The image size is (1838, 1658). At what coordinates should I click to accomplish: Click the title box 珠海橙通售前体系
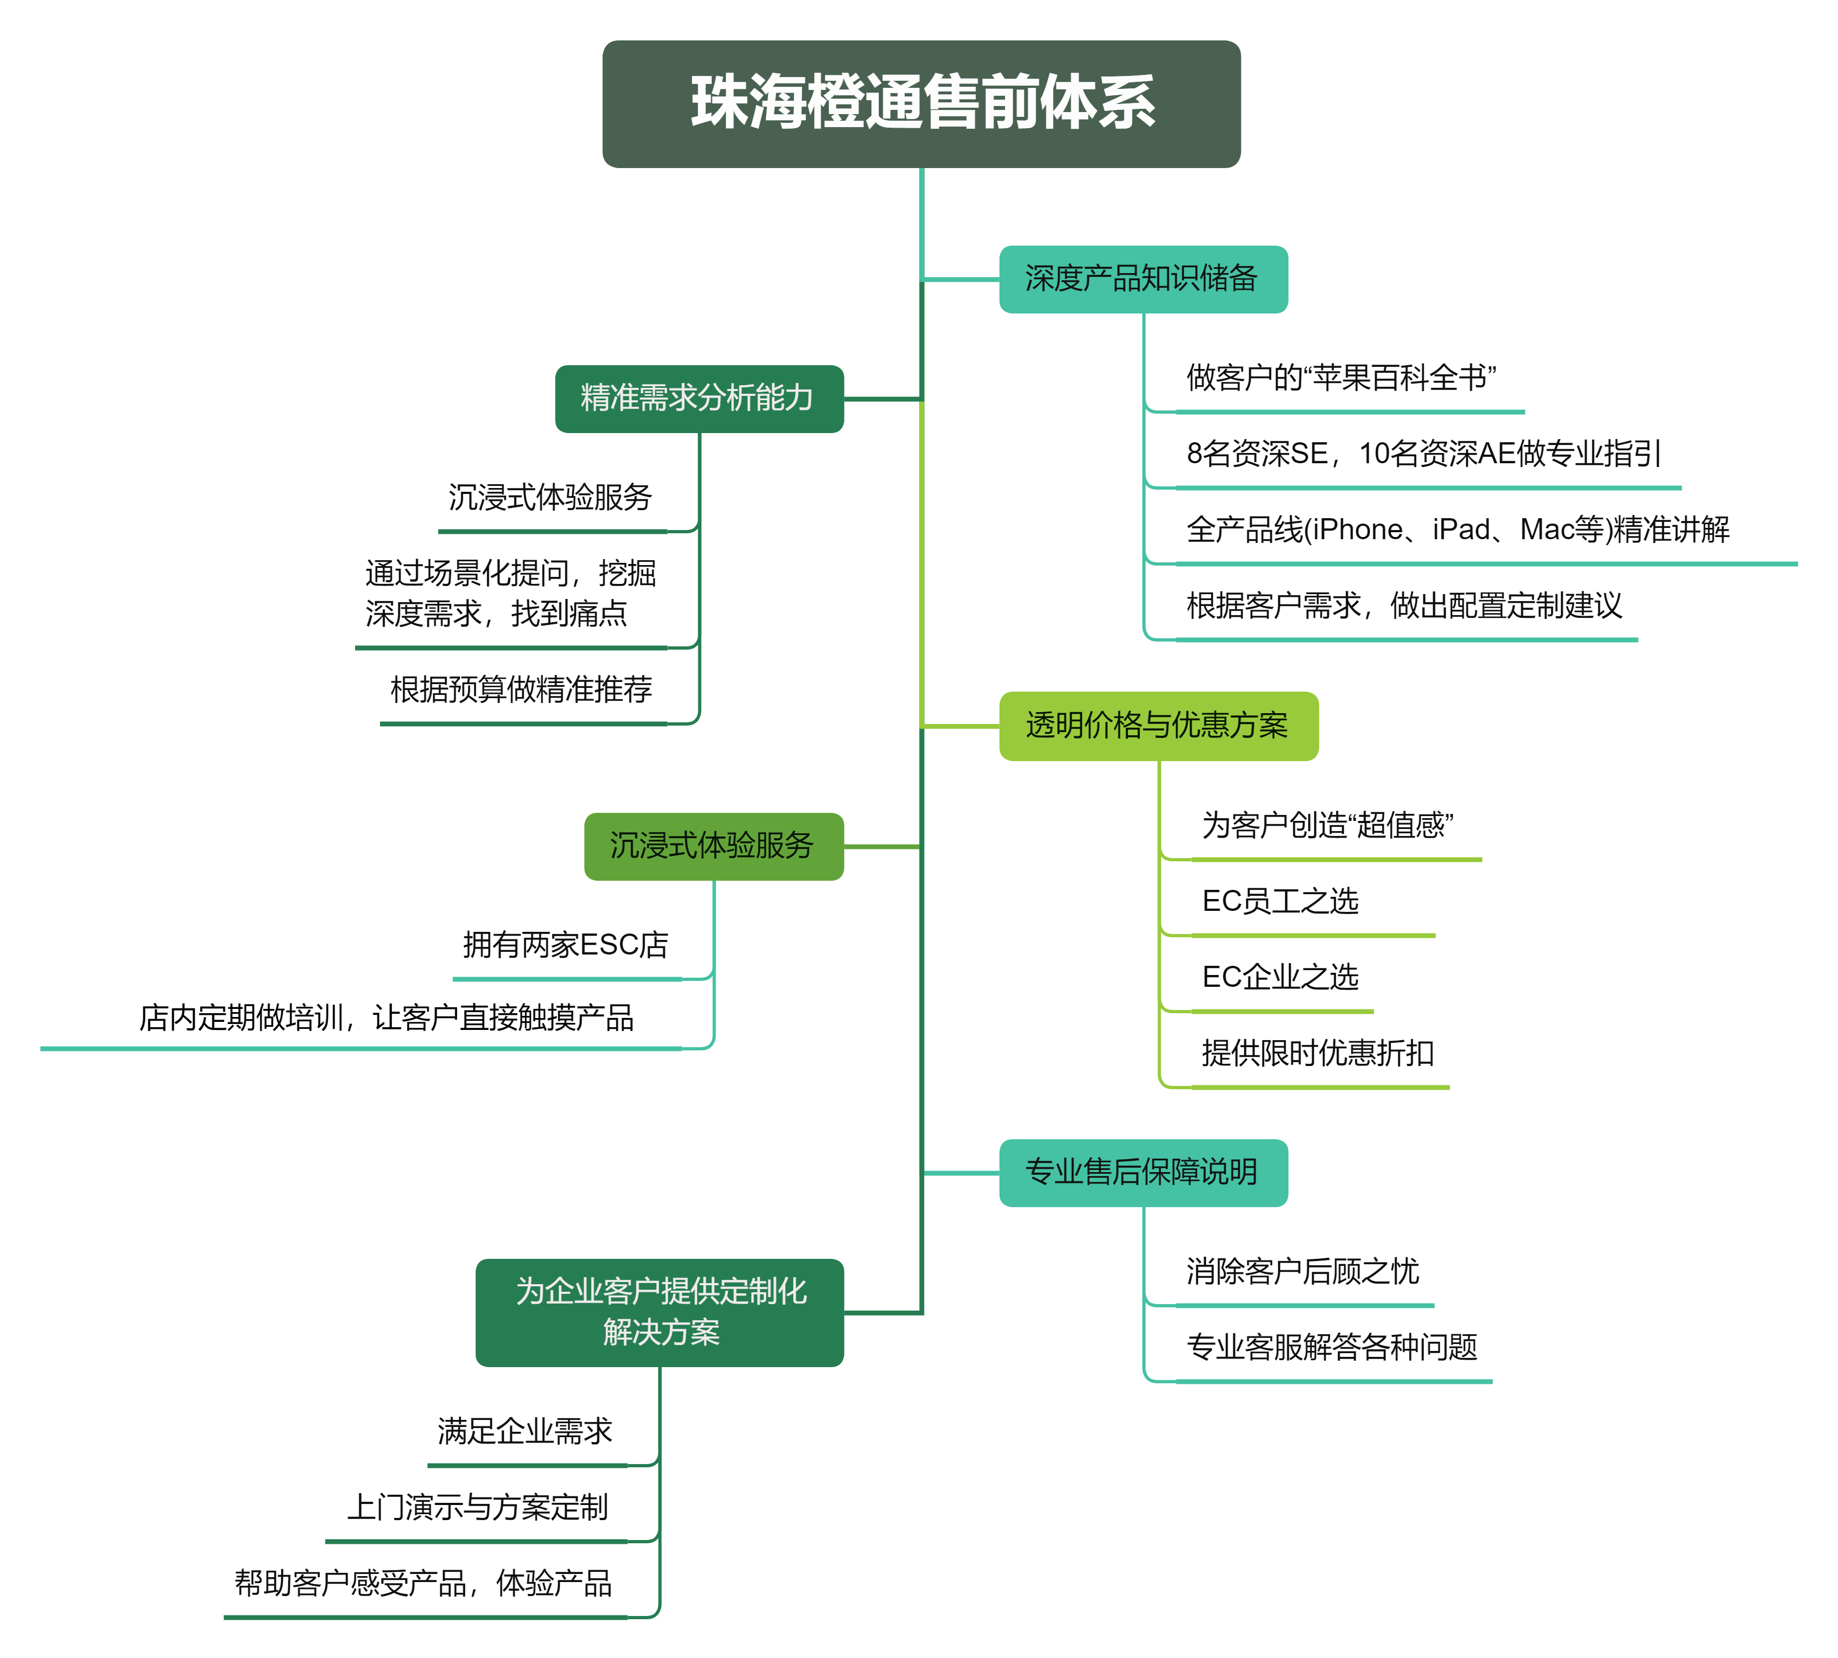[921, 103]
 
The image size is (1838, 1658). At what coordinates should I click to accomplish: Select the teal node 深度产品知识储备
[1143, 279]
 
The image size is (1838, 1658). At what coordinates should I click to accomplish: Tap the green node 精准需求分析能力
[699, 398]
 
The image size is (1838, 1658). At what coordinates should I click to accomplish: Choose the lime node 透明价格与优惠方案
[1158, 725]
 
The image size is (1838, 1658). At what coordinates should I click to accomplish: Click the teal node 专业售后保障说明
[1143, 1173]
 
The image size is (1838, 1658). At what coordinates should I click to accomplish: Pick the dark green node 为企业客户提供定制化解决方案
[660, 1312]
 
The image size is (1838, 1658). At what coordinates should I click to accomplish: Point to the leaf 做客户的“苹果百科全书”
[1349, 378]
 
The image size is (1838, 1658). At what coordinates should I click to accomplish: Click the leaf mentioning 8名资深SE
[1427, 454]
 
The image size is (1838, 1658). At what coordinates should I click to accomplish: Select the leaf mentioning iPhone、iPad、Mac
[1486, 530]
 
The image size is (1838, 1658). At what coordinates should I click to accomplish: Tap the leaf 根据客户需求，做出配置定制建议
[1406, 606]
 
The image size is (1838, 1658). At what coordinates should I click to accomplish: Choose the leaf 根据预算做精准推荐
[523, 689]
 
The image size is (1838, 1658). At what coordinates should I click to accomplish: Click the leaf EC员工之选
[1312, 902]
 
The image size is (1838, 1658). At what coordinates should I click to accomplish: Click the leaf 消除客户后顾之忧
[1304, 1272]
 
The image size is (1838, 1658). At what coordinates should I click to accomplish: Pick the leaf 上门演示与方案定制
[476, 1508]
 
